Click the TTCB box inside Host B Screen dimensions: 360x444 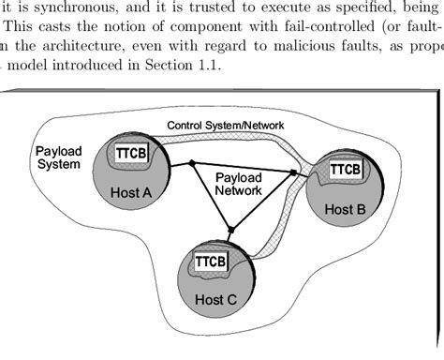[x=346, y=170]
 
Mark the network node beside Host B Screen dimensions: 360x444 [x=293, y=173]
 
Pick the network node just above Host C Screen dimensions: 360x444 [x=230, y=228]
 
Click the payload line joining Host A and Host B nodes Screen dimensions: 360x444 [x=244, y=169]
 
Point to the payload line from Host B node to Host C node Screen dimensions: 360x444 [x=262, y=201]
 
